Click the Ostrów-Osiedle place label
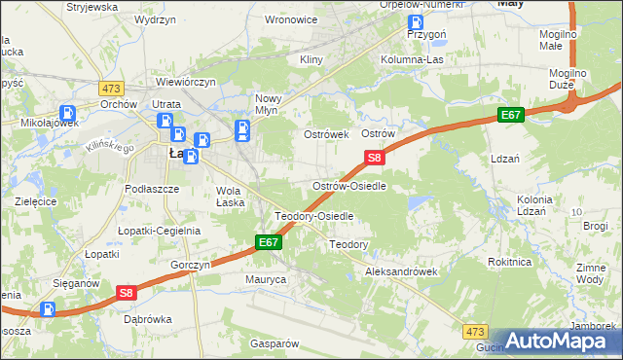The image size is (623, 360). [354, 185]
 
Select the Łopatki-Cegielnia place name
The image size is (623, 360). [159, 231]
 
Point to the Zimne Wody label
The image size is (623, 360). [592, 272]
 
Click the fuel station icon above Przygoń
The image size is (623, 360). [417, 22]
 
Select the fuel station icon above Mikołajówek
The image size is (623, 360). [68, 114]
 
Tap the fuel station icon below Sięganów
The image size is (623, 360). [48, 308]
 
